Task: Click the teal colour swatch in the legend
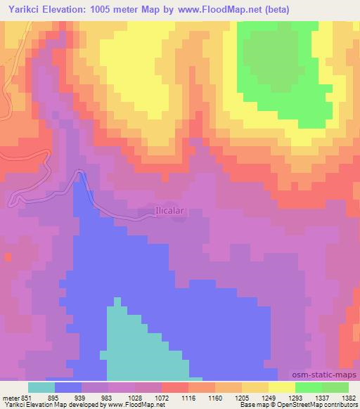tap(41, 387)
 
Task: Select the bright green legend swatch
tap(309, 387)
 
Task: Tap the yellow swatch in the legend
tap(282, 387)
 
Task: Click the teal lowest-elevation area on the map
tap(141, 344)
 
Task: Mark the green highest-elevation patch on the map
tap(281, 70)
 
